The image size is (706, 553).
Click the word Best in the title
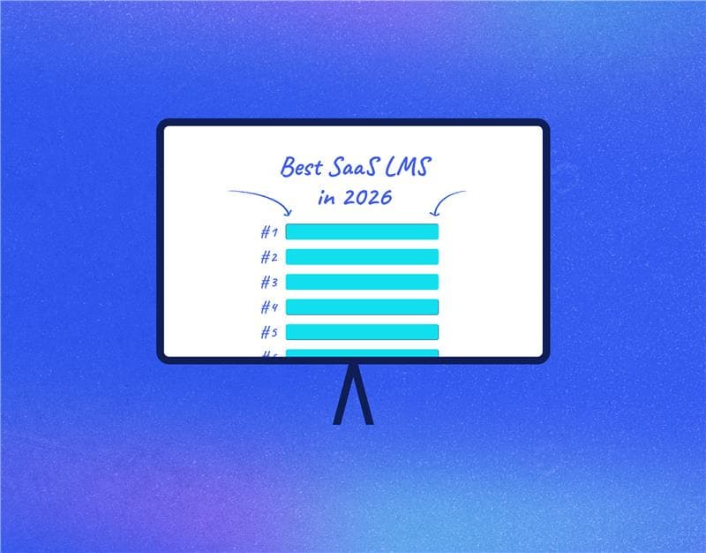[302, 166]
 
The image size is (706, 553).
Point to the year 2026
[368, 196]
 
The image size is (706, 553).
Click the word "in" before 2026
[327, 196]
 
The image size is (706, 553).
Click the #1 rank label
[269, 232]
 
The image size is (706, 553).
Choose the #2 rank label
[269, 257]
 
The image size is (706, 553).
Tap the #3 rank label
[269, 282]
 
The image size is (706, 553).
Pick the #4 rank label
[269, 307]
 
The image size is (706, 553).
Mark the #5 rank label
[269, 332]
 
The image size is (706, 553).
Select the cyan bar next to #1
[362, 231]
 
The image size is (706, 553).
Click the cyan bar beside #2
[362, 256]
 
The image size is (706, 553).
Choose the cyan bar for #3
[362, 282]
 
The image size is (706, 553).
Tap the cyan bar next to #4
[362, 307]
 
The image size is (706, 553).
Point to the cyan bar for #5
[362, 331]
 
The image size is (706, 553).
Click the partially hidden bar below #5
[362, 353]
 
